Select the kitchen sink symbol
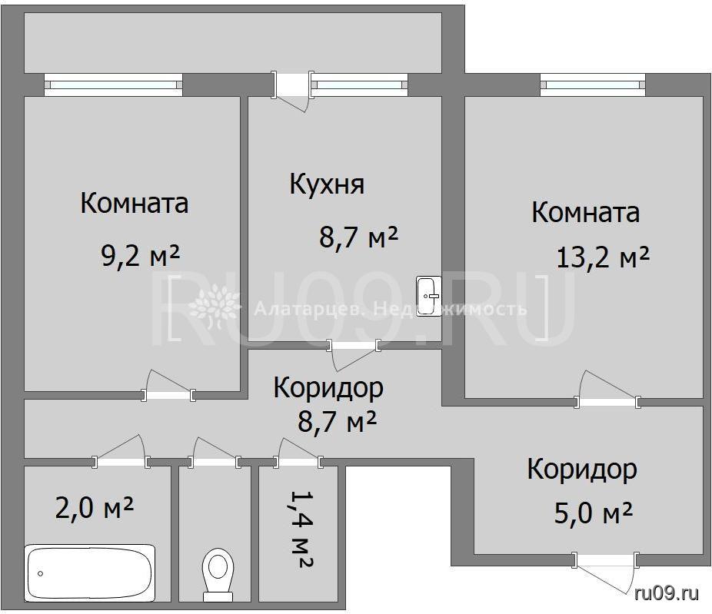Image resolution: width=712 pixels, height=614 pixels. (x=428, y=295)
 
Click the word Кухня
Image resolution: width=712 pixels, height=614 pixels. (x=327, y=184)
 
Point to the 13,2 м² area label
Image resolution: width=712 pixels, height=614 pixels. (x=603, y=257)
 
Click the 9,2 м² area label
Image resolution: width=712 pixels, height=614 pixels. (x=140, y=257)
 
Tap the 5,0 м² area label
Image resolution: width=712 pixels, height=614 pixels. (x=593, y=514)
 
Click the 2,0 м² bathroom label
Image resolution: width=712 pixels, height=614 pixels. (x=94, y=508)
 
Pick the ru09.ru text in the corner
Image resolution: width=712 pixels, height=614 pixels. (x=667, y=592)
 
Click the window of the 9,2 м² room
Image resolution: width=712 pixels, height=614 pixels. (x=113, y=85)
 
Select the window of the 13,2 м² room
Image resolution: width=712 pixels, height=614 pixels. (x=593, y=85)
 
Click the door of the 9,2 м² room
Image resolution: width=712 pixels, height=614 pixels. (x=168, y=387)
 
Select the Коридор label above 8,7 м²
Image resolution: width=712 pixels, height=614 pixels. (x=328, y=388)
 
